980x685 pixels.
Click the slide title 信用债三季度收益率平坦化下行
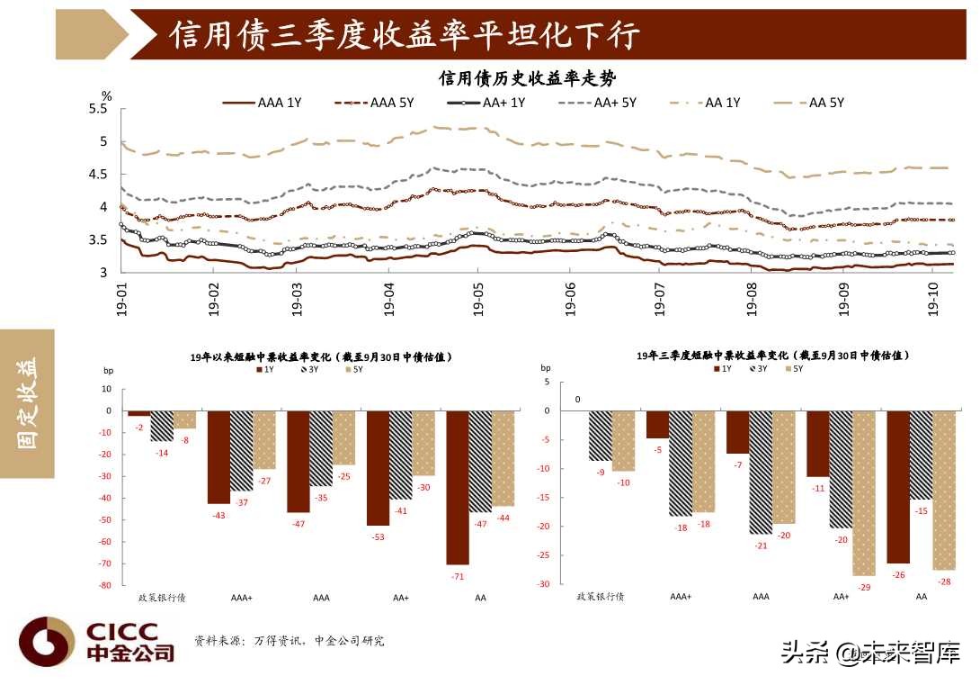point(405,35)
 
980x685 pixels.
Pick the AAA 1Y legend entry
point(262,104)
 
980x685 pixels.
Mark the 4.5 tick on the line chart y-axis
point(98,175)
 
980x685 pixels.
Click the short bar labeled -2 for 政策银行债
point(139,413)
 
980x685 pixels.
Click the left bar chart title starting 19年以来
point(321,356)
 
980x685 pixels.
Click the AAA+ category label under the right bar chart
point(681,597)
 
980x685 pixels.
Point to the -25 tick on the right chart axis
point(542,555)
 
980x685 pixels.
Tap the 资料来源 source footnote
point(289,641)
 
